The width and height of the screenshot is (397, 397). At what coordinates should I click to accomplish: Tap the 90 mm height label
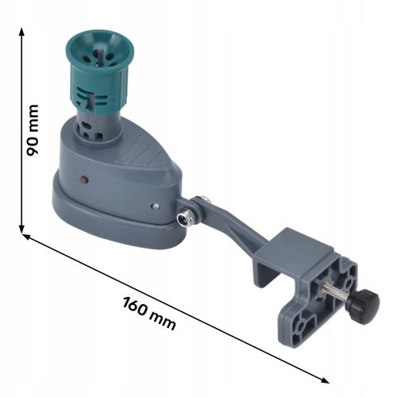click(x=33, y=130)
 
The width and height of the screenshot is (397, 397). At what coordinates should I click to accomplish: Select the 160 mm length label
click(x=149, y=314)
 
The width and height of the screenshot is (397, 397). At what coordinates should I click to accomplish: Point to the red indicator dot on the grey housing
click(x=84, y=179)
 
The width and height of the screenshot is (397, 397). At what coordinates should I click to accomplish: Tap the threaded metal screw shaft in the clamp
click(x=335, y=294)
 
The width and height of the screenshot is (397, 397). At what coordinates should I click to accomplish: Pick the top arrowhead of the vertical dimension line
click(x=22, y=33)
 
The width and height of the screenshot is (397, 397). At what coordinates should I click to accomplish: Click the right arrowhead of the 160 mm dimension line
click(x=325, y=380)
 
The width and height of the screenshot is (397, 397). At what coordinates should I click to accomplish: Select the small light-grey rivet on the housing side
click(x=156, y=206)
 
